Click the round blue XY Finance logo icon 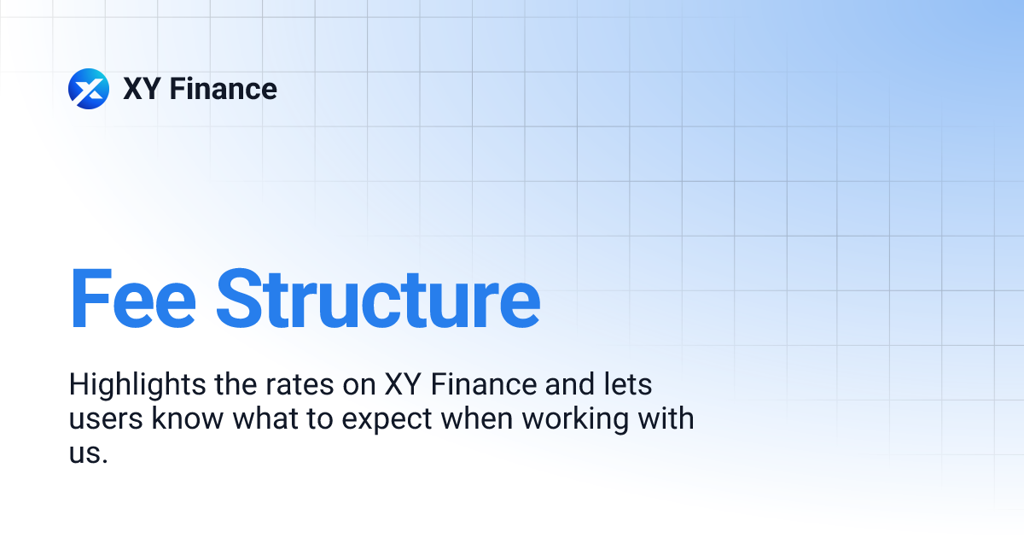coord(89,89)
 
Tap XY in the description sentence coord(403,385)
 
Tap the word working coord(582,419)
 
